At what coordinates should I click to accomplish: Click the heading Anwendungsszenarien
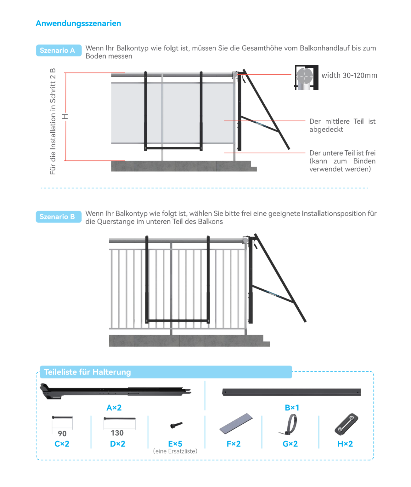point(78,23)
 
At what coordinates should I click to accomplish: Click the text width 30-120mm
point(349,75)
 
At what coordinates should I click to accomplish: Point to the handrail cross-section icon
point(306,78)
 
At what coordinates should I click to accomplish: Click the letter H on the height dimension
point(65,116)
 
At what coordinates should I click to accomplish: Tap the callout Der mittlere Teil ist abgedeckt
point(342,125)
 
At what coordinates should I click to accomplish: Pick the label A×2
point(114,408)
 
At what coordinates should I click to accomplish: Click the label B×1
point(292,408)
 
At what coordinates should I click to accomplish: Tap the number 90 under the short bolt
point(62,433)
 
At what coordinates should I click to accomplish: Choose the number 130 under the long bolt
point(117,433)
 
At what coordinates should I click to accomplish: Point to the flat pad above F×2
point(236,423)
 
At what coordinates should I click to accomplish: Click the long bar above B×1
point(291,392)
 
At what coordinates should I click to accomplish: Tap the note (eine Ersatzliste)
point(175,451)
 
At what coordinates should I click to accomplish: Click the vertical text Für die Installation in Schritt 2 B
point(53,121)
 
